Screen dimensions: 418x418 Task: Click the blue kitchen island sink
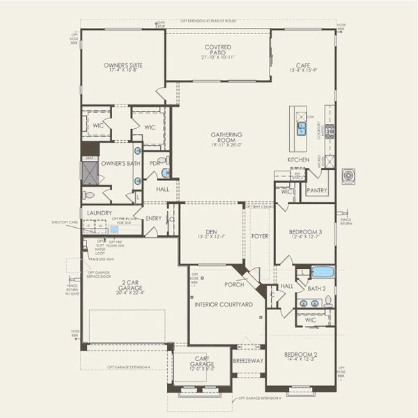(302, 127)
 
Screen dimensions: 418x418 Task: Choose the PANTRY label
(316, 190)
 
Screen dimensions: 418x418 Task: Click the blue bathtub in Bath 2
(322, 272)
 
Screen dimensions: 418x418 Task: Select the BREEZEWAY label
(248, 361)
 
